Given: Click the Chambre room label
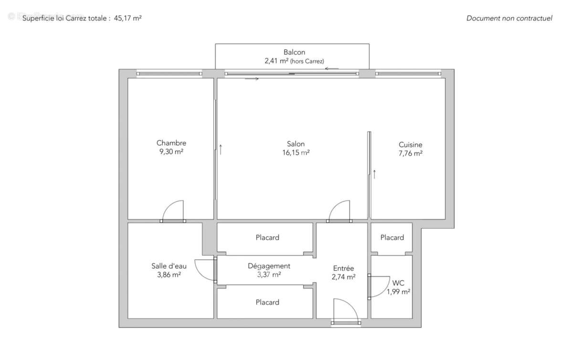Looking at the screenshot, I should tap(171, 143).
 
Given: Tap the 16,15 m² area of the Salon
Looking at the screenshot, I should tap(296, 153).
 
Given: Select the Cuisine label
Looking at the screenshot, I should tap(410, 145).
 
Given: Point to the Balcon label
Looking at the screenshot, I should tap(294, 53).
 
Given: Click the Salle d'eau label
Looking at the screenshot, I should tap(166, 266).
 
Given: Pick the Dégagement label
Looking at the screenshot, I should tap(269, 266).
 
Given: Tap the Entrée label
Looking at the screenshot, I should tap(343, 269).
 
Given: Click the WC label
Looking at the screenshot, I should tap(398, 282).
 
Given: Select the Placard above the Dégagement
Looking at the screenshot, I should tap(267, 237).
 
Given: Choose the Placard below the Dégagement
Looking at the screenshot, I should tap(267, 302).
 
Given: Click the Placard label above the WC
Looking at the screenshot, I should tap(392, 237).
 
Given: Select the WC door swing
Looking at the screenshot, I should tap(380, 286).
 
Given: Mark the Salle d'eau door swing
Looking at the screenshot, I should tap(205, 270).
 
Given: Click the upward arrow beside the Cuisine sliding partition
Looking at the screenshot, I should tap(374, 174).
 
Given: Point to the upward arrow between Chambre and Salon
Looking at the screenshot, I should tap(221, 149).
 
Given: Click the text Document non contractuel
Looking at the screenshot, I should tap(509, 18).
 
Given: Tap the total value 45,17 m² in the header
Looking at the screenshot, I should tap(127, 18).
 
